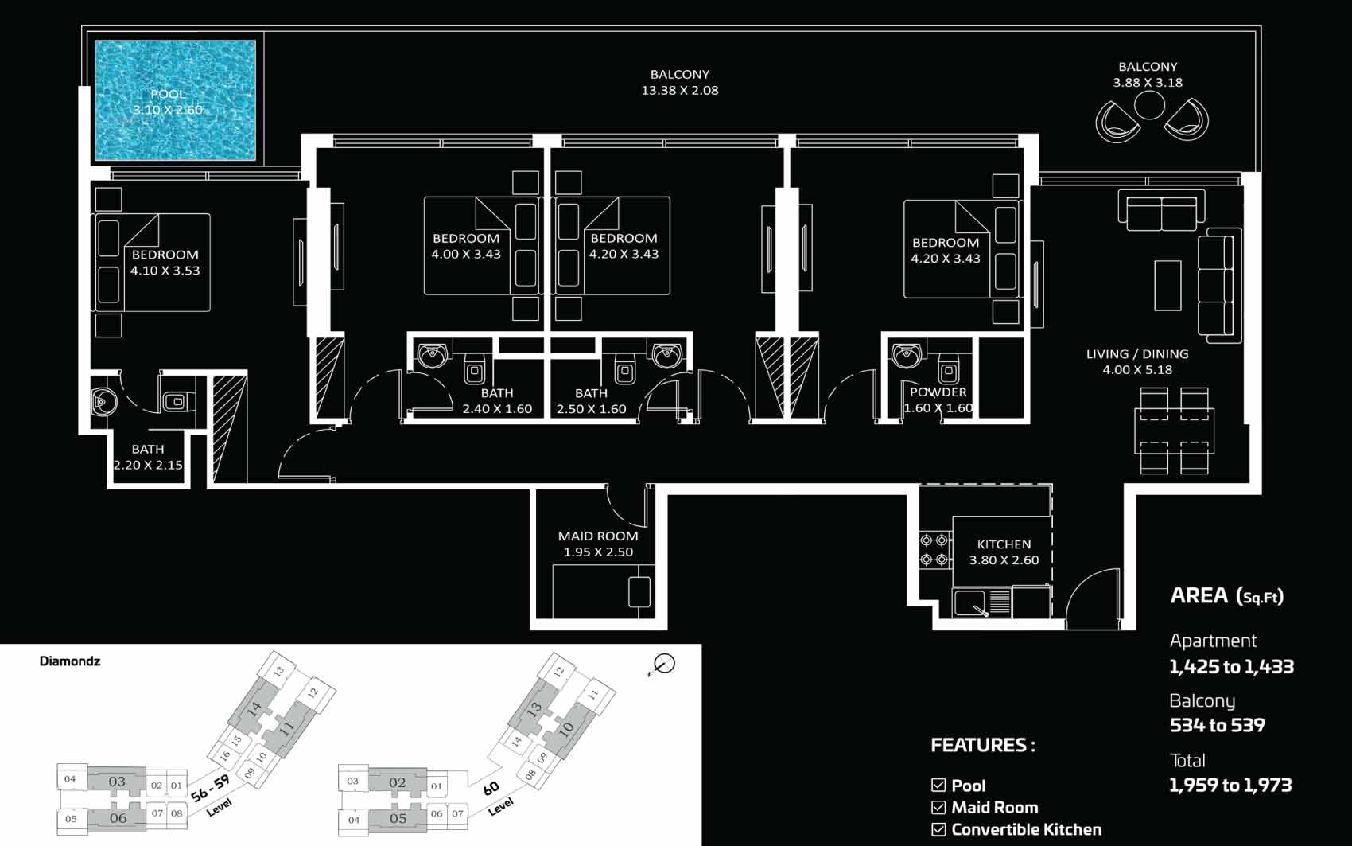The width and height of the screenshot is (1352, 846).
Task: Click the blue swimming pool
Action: click(x=175, y=100)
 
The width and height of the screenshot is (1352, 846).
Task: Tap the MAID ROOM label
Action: click(x=597, y=536)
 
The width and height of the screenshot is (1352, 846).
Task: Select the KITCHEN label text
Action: click(x=1004, y=544)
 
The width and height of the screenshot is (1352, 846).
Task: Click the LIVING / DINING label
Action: click(x=1137, y=354)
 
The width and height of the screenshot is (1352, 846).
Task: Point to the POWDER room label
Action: click(x=938, y=392)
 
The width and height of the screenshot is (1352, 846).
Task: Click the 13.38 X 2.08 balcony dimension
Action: click(x=680, y=91)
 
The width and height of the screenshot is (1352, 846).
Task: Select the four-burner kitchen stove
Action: click(x=934, y=550)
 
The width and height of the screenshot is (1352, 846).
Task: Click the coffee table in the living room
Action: click(x=1167, y=286)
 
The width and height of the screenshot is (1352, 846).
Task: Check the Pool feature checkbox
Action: click(x=938, y=785)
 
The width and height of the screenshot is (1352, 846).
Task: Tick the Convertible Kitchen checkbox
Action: click(x=938, y=829)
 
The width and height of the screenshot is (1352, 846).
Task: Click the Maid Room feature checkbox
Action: click(x=938, y=807)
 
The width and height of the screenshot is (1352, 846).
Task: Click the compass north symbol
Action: click(x=663, y=665)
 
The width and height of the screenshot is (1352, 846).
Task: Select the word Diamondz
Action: click(x=70, y=661)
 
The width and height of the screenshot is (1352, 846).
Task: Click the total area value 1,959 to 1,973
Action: click(x=1230, y=785)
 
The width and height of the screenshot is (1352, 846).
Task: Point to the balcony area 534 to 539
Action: click(x=1217, y=724)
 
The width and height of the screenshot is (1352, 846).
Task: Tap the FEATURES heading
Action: click(x=983, y=745)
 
